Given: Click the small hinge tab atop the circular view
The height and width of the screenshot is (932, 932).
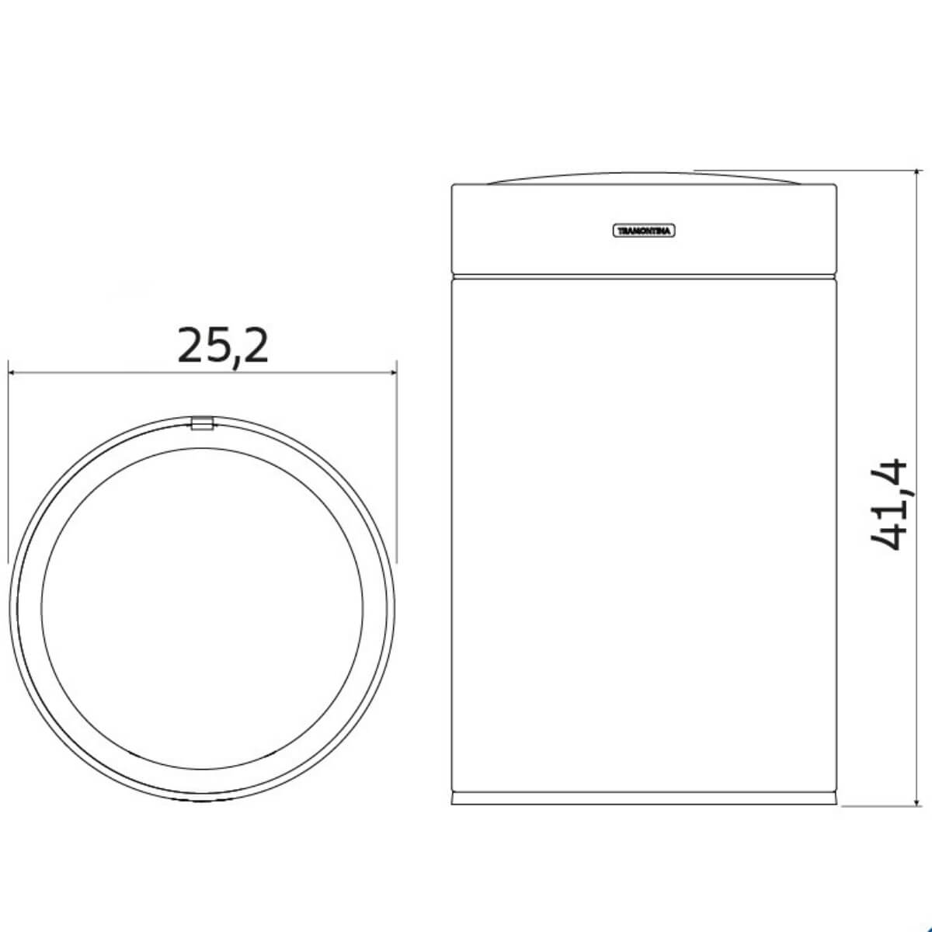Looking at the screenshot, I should click(x=202, y=423).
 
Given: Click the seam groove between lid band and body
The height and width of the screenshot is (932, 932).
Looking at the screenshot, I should click(x=645, y=274).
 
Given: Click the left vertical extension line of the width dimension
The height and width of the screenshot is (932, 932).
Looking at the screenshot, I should click(x=8, y=466).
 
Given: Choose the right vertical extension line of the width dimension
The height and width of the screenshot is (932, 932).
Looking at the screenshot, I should click(x=397, y=466).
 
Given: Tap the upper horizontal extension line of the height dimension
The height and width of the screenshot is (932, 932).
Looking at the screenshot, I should click(x=808, y=170).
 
